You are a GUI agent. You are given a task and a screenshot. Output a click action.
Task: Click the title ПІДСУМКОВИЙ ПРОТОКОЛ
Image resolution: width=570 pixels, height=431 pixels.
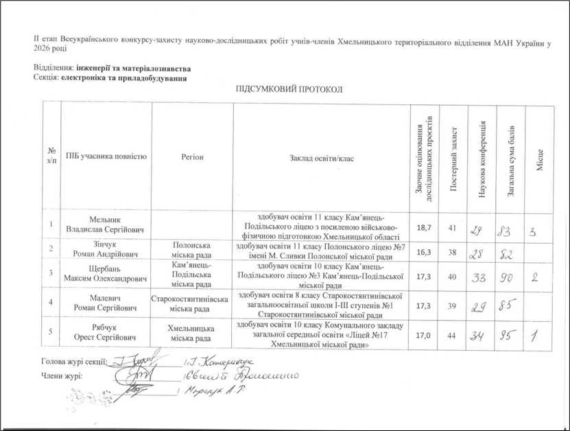point(288,91)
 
